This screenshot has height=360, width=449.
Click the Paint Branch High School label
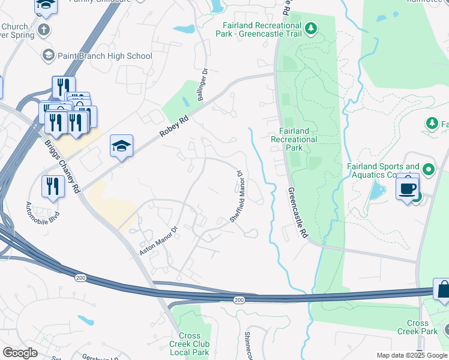(x=105, y=56)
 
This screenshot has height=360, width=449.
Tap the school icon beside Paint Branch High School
(x=48, y=56)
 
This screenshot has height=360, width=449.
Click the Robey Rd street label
(x=175, y=127)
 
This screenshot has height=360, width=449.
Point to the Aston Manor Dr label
(x=159, y=241)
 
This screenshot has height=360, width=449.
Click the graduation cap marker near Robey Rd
(x=121, y=146)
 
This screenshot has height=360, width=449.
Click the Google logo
(x=20, y=353)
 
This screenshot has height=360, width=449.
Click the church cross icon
(x=44, y=29)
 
